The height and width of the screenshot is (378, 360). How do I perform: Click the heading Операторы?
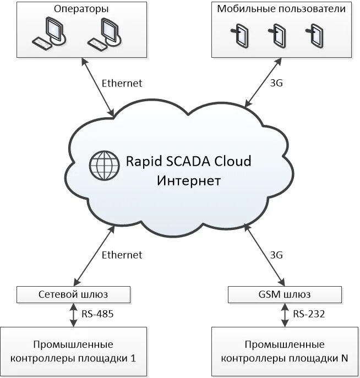(x=81, y=9)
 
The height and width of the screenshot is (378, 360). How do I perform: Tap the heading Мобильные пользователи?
(x=281, y=9)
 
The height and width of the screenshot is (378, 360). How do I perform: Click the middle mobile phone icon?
(x=278, y=35)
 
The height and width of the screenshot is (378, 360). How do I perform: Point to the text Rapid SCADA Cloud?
(x=188, y=162)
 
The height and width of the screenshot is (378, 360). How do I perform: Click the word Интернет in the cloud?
(x=189, y=180)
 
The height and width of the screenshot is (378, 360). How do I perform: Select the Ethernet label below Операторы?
(x=122, y=84)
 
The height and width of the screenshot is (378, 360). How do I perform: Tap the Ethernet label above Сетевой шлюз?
(x=122, y=255)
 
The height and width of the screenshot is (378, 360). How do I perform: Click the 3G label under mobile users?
(x=276, y=84)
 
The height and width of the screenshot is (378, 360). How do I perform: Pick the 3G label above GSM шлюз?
(x=276, y=255)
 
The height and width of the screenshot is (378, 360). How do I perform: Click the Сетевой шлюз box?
(x=74, y=294)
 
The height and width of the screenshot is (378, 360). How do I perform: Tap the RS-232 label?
(x=309, y=315)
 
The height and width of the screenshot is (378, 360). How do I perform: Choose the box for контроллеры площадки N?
(x=285, y=351)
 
